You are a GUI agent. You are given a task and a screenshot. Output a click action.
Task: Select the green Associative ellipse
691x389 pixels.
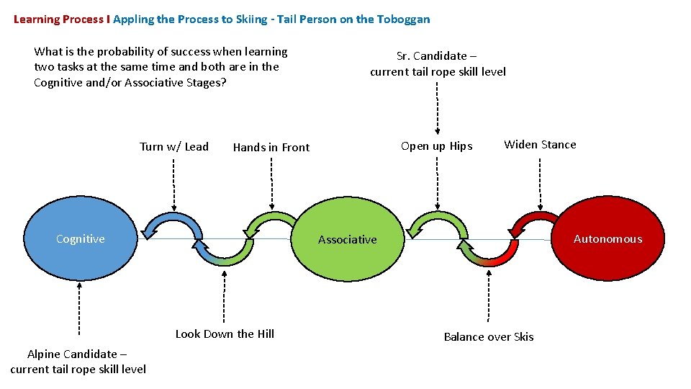[348, 239]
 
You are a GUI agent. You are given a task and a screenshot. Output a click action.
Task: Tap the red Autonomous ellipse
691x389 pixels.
[608, 239]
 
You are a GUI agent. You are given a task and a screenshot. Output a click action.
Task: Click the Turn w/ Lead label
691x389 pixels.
[174, 147]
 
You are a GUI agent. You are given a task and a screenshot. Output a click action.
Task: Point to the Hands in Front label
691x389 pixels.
[271, 148]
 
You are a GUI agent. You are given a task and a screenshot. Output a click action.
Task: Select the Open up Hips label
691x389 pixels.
[437, 146]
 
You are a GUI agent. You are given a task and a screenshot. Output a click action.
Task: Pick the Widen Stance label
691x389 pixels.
[540, 145]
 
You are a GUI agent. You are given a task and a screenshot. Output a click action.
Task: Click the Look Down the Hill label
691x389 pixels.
[225, 334]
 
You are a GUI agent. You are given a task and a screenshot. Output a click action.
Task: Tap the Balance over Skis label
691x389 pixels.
[489, 336]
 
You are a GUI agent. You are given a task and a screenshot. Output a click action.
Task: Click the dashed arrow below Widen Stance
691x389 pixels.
[540, 184]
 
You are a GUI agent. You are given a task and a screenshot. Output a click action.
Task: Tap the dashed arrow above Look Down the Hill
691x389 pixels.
[224, 295]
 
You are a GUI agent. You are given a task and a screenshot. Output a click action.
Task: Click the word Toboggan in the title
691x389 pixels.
[404, 19]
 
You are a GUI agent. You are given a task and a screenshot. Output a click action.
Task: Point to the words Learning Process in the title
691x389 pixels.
[58, 19]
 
